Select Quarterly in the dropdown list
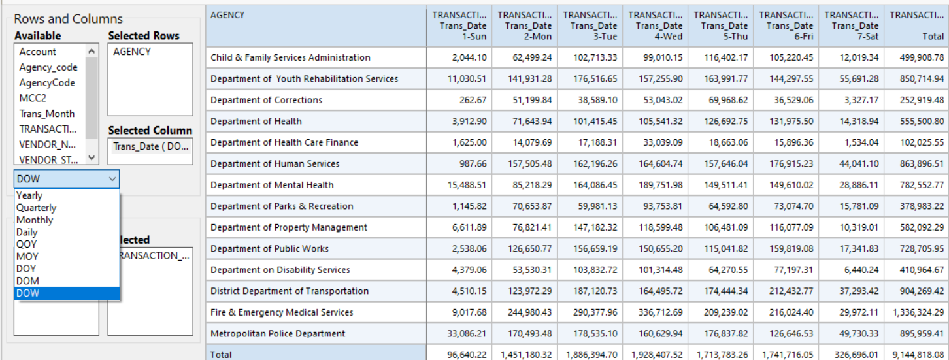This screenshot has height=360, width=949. tap(37, 208)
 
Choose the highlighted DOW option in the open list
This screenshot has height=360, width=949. tap(28, 293)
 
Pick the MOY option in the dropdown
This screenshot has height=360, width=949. tap(27, 257)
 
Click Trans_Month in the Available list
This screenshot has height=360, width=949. tap(47, 114)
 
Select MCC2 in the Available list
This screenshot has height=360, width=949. tap(33, 98)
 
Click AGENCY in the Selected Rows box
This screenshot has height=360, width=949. tap(132, 52)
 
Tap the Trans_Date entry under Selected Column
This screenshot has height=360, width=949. tap(150, 146)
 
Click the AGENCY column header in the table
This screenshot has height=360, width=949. tap(228, 15)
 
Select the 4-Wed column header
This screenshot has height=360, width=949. tap(655, 26)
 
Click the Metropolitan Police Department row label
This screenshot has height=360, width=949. tap(278, 334)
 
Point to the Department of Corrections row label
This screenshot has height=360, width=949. tap(266, 100)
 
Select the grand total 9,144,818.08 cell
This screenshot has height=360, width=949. tap(918, 355)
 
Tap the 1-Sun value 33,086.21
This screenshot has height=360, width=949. tap(465, 334)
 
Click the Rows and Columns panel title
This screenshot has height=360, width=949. tap(68, 19)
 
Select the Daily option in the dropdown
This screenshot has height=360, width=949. tap(27, 232)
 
